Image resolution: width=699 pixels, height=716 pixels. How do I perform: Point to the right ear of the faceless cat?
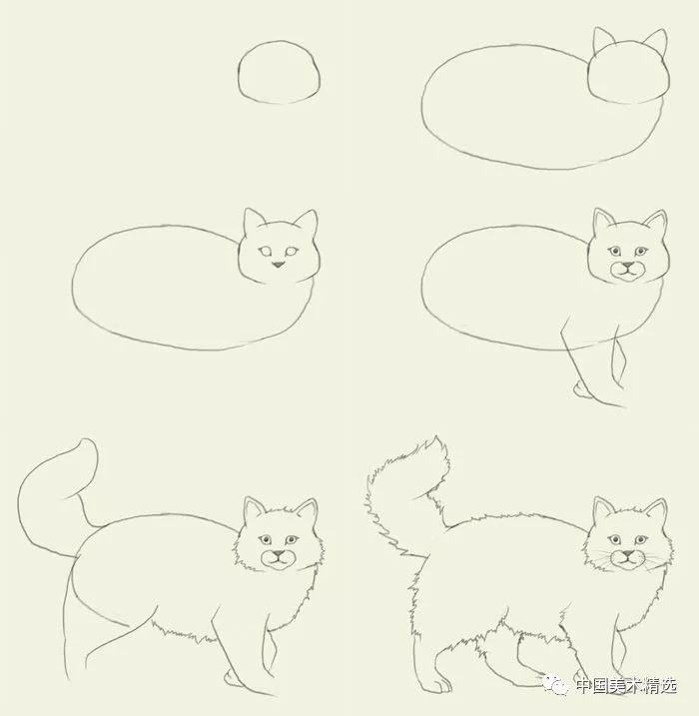pyautogui.click(x=656, y=42)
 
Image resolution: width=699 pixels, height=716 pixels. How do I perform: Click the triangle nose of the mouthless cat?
pyautogui.click(x=278, y=265)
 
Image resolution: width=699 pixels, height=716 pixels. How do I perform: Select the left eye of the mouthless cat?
pyautogui.click(x=266, y=251)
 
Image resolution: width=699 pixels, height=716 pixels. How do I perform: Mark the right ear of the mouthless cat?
pyautogui.click(x=307, y=223)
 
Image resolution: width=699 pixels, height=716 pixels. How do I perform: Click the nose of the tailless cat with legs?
pyautogui.click(x=628, y=265)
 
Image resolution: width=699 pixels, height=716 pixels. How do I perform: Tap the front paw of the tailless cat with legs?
pyautogui.click(x=581, y=389)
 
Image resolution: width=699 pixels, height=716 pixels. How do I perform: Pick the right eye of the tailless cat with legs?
pyautogui.click(x=640, y=251)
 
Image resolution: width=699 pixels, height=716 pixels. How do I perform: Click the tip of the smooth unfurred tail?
pyautogui.click(x=87, y=440)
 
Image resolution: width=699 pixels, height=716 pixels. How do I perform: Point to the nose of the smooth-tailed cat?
pyautogui.click(x=278, y=554)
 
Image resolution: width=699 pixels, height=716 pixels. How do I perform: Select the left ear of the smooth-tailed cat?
pyautogui.click(x=254, y=510)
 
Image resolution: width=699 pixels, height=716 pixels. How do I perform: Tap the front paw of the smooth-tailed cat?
pyautogui.click(x=232, y=678)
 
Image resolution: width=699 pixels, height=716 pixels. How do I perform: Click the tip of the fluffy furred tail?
pyautogui.click(x=437, y=439)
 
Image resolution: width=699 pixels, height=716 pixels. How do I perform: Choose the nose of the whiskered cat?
pyautogui.click(x=628, y=554)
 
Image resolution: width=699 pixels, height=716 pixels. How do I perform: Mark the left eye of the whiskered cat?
pyautogui.click(x=615, y=540)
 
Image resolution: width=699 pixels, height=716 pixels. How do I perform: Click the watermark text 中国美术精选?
pyautogui.click(x=626, y=685)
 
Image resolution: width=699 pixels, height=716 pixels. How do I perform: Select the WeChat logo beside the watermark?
pyautogui.click(x=555, y=684)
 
